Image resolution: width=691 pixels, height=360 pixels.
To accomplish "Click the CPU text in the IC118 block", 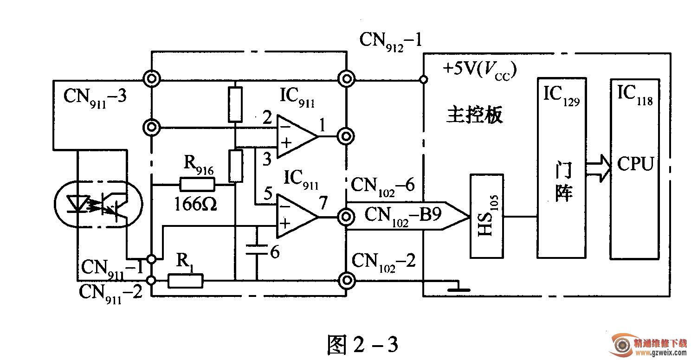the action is (635, 164).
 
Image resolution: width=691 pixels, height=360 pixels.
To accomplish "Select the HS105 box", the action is (487, 216).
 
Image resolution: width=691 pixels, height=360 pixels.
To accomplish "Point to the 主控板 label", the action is (474, 115).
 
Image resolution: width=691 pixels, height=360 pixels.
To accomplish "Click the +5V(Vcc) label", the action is (479, 71).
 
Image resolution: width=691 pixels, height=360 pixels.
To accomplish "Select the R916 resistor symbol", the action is (197, 185).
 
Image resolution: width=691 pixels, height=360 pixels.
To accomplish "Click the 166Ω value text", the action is (195, 204).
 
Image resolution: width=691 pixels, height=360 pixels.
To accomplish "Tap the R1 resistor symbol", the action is (186, 281).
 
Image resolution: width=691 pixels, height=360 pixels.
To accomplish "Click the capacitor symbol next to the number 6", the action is (256, 250).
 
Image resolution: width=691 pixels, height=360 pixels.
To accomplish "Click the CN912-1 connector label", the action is (391, 42).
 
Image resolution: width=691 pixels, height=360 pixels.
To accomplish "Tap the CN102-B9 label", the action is (403, 216).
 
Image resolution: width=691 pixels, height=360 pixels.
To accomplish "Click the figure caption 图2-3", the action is (363, 344).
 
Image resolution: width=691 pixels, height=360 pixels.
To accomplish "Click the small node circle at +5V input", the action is (424, 80).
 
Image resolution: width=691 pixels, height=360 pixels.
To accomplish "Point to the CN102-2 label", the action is (383, 263).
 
